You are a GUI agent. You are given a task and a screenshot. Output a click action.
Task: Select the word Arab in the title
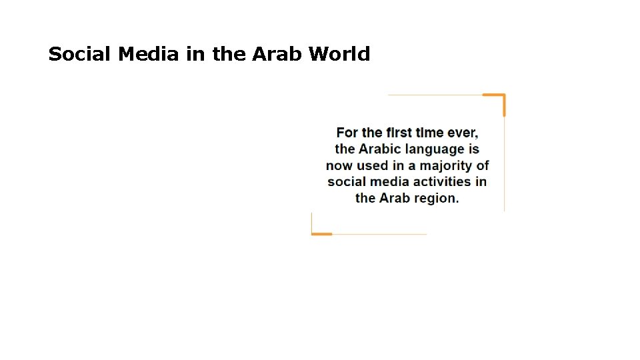pos(277,54)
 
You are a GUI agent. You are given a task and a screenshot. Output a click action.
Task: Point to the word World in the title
pos(339,54)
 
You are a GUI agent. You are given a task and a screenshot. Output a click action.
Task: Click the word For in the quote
pos(347,133)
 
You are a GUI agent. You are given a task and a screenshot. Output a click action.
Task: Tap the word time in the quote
pos(431,133)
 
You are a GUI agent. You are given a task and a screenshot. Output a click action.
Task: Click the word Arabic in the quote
pos(380,149)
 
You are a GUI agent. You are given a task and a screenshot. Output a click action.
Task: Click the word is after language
pos(473,149)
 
